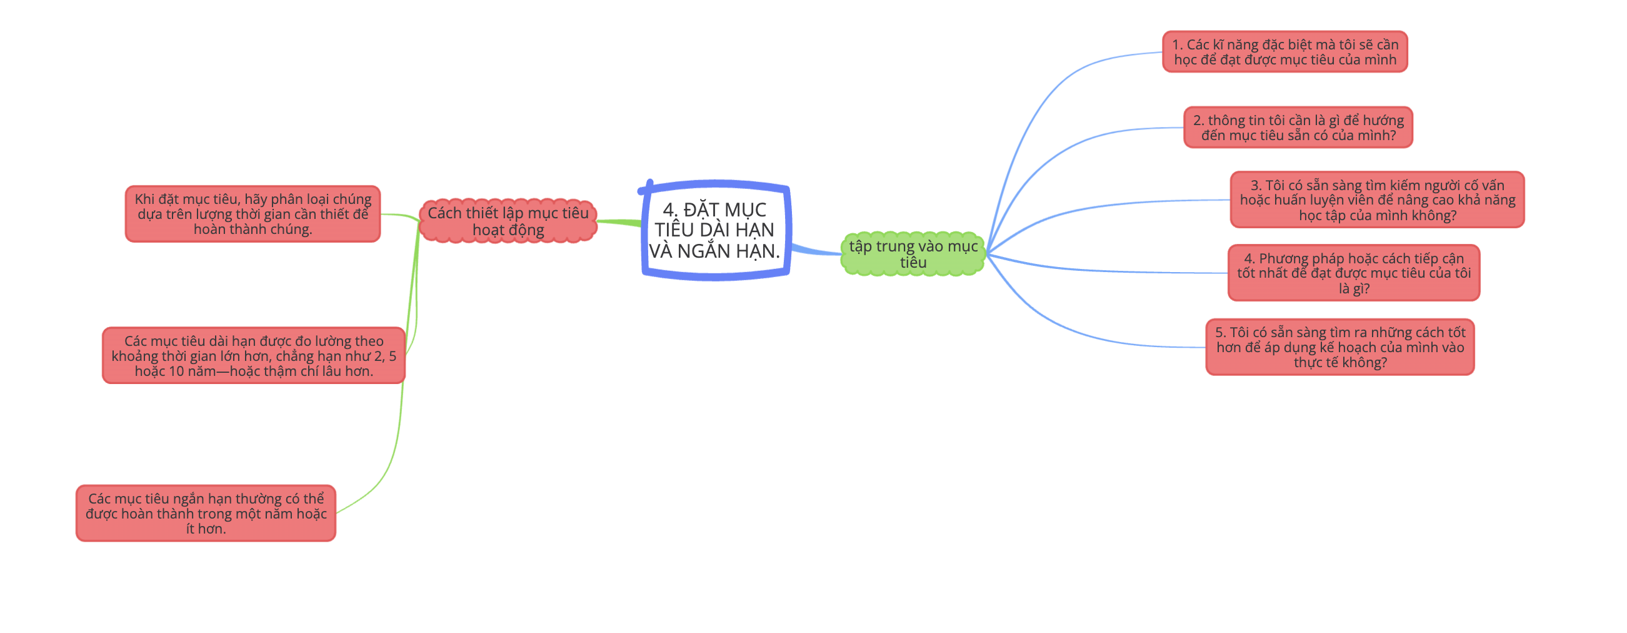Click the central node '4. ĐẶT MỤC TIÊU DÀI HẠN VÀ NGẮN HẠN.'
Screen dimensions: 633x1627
pyautogui.click(x=715, y=230)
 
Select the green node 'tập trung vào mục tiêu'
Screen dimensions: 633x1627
pyautogui.click(x=913, y=254)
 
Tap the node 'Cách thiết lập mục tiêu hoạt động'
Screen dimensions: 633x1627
pyautogui.click(x=508, y=221)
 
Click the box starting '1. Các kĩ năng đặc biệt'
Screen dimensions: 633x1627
pyautogui.click(x=1284, y=52)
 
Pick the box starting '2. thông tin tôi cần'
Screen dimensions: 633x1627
pyautogui.click(x=1298, y=128)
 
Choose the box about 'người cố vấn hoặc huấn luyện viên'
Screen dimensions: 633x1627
pyautogui.click(x=1377, y=200)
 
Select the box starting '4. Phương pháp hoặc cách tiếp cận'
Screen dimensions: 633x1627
pyautogui.click(x=1353, y=273)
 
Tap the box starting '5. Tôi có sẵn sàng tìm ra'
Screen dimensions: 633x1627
pyautogui.click(x=1339, y=347)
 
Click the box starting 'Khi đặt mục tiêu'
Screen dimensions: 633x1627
pyautogui.click(x=253, y=213)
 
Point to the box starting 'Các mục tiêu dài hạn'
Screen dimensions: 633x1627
pyautogui.click(x=253, y=356)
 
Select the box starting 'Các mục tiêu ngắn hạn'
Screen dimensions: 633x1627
pyautogui.click(x=206, y=513)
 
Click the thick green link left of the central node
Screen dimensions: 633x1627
pyautogui.click(x=619, y=222)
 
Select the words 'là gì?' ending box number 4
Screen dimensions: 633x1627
pyautogui.click(x=1354, y=289)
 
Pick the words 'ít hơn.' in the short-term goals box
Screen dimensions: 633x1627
pyautogui.click(x=206, y=529)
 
